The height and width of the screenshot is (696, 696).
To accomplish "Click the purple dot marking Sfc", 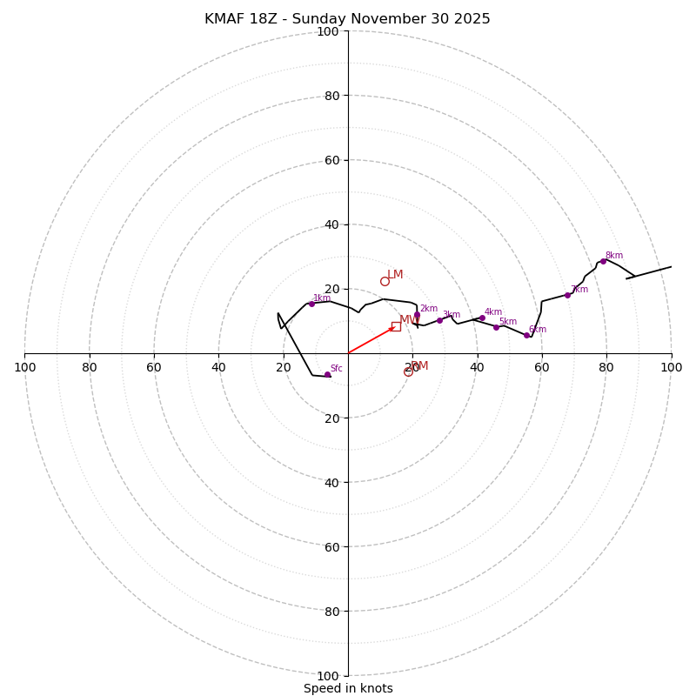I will point(327,374).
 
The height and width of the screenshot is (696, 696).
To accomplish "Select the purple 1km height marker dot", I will point(311,304).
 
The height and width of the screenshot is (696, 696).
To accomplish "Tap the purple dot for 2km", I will point(417,315).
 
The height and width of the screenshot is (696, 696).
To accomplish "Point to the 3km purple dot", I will point(439,320).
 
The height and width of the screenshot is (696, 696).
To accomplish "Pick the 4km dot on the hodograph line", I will point(482,318).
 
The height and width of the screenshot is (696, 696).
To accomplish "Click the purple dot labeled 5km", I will point(496,327).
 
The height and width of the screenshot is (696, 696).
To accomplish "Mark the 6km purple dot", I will point(526,335).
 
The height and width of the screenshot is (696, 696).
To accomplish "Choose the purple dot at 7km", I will point(567,295).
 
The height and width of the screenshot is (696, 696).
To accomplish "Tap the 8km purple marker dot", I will point(603,261).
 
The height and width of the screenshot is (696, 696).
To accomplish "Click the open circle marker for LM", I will point(385,281).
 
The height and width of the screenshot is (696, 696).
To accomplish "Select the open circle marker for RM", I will point(408,371).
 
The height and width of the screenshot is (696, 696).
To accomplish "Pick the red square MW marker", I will point(396,326).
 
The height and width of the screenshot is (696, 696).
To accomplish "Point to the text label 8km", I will point(614,255).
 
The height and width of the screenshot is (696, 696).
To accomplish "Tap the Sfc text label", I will point(337,369).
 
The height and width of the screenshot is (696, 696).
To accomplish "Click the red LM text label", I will point(395,275).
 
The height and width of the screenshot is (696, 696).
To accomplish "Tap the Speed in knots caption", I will point(348,688).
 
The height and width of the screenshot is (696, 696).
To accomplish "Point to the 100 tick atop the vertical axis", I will point(328,31).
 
